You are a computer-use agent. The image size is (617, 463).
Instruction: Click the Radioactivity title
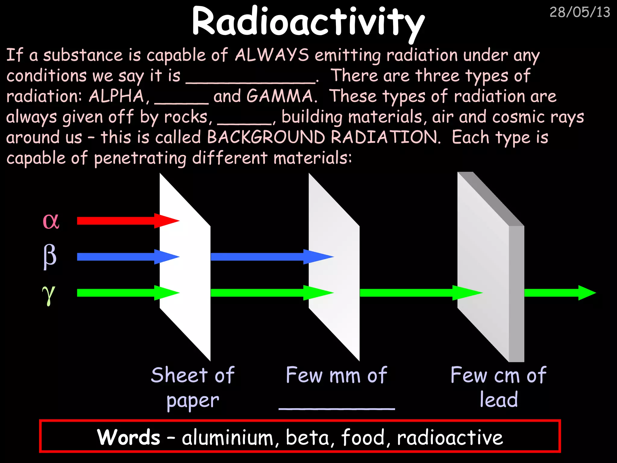click(x=308, y=23)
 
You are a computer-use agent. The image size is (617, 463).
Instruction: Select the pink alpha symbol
click(x=51, y=221)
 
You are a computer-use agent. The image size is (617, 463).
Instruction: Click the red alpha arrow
click(x=127, y=221)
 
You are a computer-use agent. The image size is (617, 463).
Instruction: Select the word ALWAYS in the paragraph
click(x=272, y=55)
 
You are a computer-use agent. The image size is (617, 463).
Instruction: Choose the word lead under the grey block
click(x=499, y=400)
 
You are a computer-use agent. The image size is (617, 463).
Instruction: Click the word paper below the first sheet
click(x=193, y=401)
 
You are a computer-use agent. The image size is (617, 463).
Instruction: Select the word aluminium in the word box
click(x=227, y=437)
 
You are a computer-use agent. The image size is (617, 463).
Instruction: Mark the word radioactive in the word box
click(x=450, y=437)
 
